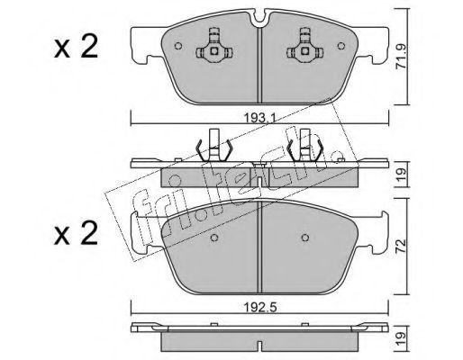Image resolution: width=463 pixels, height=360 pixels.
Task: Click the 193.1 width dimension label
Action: tap(259, 119)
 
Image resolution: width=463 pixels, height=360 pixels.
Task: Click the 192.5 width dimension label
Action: tap(259, 307)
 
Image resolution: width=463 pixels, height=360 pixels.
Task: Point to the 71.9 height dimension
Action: tap(401, 57)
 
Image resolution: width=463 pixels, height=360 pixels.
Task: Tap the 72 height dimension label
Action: tap(402, 247)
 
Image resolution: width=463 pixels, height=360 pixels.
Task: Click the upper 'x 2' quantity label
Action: tap(77, 47)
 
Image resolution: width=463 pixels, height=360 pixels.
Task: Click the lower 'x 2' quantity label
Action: tap(77, 233)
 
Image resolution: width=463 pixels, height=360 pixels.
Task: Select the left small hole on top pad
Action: tap(178, 46)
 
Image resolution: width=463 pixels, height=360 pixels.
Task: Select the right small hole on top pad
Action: tap(341, 46)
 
